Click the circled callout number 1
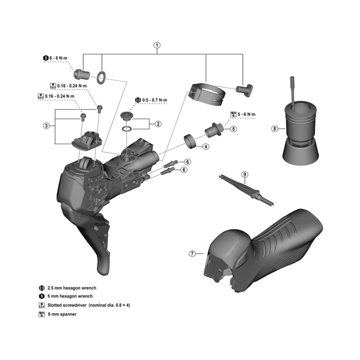pos(157,45)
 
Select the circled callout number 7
pos(193,254)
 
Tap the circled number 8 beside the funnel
pos(275,129)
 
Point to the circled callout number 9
pos(245,174)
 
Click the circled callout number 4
pos(205,146)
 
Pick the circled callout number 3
pos(46,126)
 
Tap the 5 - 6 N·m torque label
pos(247,115)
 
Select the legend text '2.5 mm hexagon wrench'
pos(72,288)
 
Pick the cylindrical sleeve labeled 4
pos(191,141)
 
